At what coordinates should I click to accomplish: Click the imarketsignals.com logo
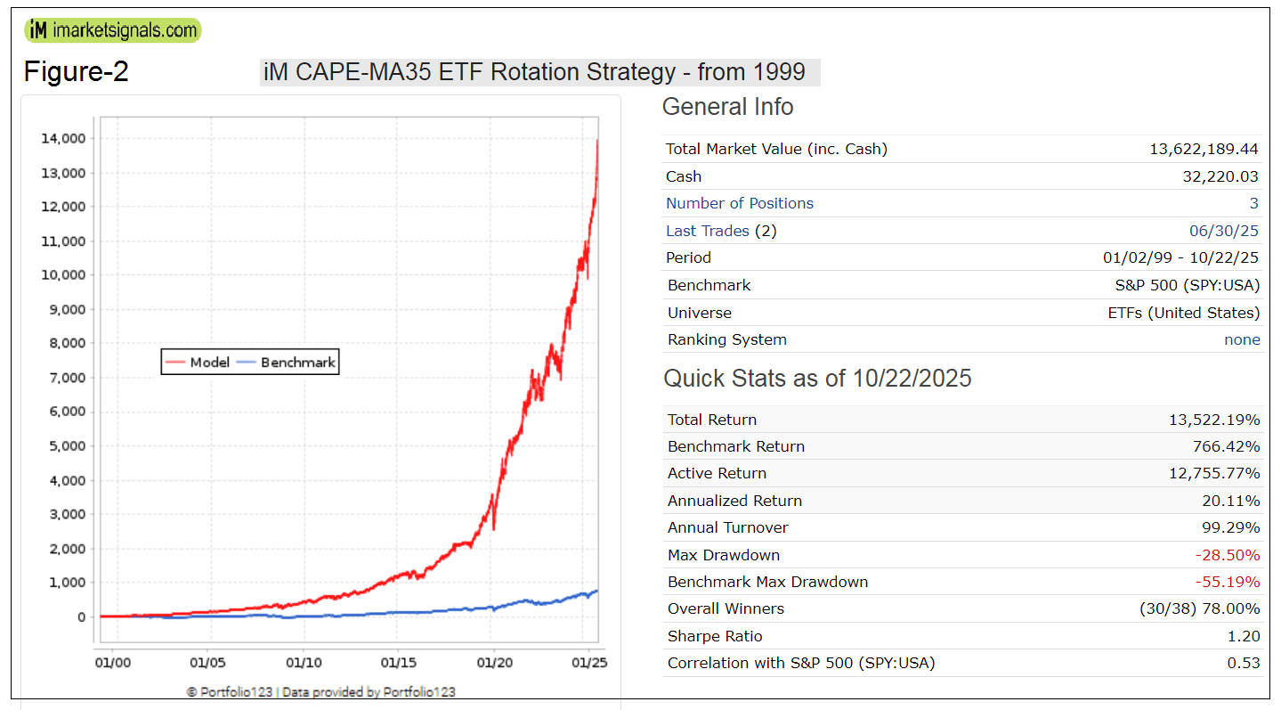[x=113, y=30]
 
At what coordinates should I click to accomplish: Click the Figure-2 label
[x=76, y=71]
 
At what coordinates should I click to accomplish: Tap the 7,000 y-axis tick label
[x=65, y=378]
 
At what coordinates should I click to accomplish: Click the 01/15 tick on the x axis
[x=398, y=663]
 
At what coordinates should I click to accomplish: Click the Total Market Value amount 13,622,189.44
[x=1204, y=149]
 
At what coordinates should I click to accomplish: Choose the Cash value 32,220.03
[x=1222, y=176]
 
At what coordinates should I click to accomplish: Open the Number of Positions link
[x=739, y=203]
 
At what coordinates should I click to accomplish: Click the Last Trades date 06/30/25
[x=1224, y=231]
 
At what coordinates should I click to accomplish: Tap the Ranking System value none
[x=1242, y=339]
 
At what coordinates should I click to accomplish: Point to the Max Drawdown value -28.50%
[x=1228, y=555]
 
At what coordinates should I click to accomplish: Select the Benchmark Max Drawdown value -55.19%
[x=1228, y=582]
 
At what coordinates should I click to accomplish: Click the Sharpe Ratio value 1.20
[x=1245, y=636]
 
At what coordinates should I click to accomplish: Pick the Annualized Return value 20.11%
[x=1229, y=501]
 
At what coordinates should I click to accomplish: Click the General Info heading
[x=727, y=107]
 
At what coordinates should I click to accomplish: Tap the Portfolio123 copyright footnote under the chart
[x=320, y=691]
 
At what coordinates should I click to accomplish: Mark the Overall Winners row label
[x=726, y=608]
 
